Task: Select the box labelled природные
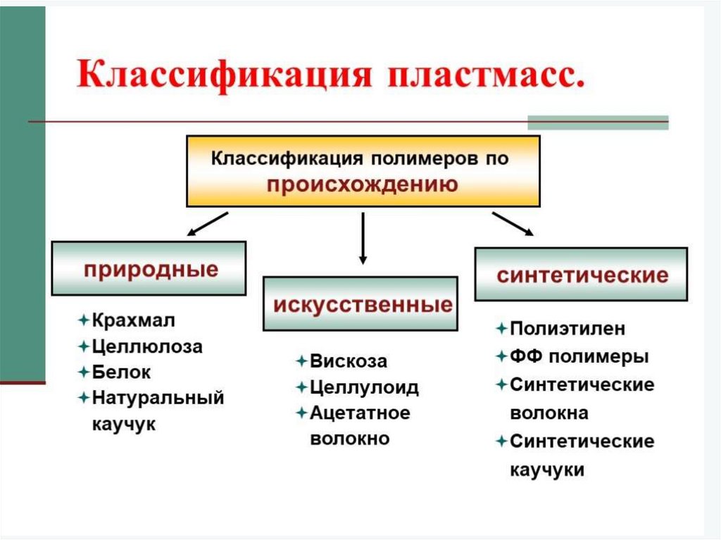tap(149, 268)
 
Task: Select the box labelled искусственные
tap(360, 304)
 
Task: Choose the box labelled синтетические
tap(581, 274)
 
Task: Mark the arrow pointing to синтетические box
tap(512, 223)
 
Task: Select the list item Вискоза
tap(349, 361)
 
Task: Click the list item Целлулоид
tap(364, 387)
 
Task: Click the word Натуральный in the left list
tap(158, 398)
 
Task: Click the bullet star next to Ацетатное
tap(301, 413)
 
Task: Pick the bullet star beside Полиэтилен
tap(501, 329)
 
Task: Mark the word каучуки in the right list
tap(546, 470)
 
